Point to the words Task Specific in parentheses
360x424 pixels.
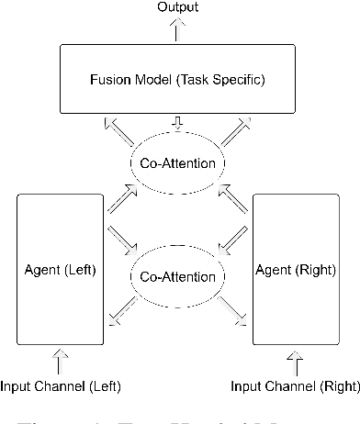pyautogui.click(x=229, y=79)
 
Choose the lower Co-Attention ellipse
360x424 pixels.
pyautogui.click(x=179, y=276)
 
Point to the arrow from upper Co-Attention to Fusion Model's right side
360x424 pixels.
pyautogui.click(x=238, y=132)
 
